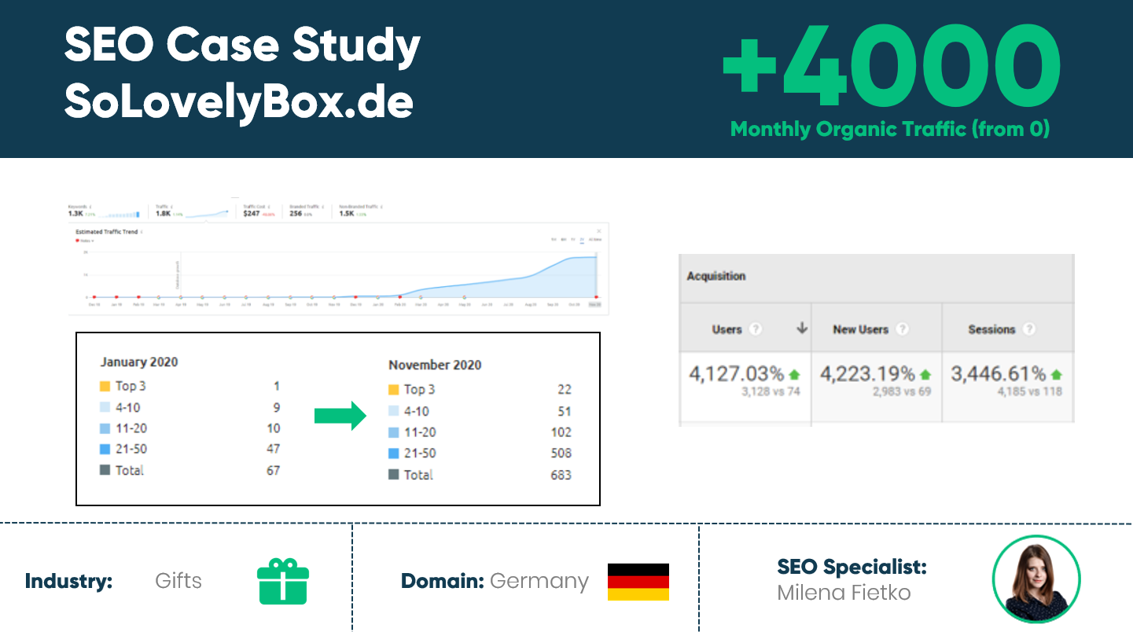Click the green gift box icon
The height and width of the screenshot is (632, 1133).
(283, 581)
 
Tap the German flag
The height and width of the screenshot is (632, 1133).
(638, 582)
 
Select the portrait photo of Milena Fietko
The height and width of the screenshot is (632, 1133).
(1036, 579)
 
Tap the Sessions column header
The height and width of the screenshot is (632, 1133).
(991, 329)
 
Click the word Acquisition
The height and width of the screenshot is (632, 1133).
(715, 276)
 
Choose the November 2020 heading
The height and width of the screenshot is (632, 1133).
(435, 365)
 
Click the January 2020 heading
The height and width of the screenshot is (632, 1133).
(139, 362)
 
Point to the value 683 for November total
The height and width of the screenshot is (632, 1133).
(561, 475)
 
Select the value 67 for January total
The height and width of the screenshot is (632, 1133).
(273, 470)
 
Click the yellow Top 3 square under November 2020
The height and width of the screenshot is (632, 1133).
(394, 390)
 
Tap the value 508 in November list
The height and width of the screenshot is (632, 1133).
(561, 454)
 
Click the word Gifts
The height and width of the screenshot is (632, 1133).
(178, 581)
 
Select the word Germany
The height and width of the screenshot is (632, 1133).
(539, 581)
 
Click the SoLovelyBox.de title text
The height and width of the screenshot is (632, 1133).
(238, 101)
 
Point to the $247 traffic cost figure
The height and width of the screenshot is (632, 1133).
(252, 213)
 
